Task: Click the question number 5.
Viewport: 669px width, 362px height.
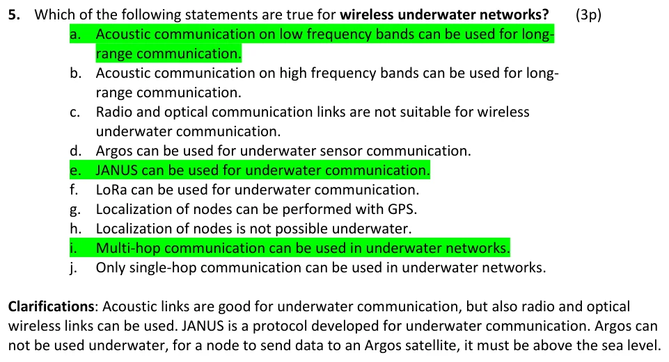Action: (x=14, y=15)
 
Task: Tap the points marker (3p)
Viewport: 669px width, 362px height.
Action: (x=588, y=15)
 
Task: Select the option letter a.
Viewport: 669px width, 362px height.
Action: (x=75, y=35)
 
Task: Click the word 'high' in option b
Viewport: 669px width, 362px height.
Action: (x=293, y=73)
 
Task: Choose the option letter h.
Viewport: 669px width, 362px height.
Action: (x=75, y=229)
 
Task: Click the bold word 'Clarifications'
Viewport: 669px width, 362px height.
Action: (x=52, y=306)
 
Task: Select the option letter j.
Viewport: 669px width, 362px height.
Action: (x=74, y=269)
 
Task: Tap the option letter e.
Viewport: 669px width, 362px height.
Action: (x=75, y=171)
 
